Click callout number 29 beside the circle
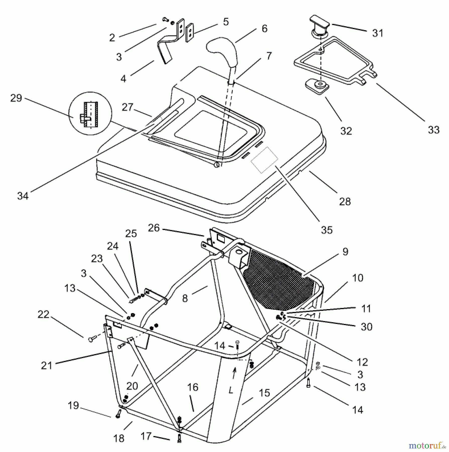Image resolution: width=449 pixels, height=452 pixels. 16,98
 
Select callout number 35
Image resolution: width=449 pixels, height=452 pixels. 327,230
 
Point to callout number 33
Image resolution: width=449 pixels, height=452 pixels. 434,130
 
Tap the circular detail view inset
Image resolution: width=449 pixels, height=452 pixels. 90,114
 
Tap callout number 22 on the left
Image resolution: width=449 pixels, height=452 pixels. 43,314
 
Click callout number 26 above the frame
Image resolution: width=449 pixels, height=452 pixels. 154,228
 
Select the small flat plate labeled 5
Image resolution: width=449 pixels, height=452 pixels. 190,33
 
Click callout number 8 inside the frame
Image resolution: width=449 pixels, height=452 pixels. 185,298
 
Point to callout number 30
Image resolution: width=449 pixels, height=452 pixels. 366,327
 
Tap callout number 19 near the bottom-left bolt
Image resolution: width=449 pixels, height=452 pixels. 73,406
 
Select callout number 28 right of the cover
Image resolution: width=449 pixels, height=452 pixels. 345,201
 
